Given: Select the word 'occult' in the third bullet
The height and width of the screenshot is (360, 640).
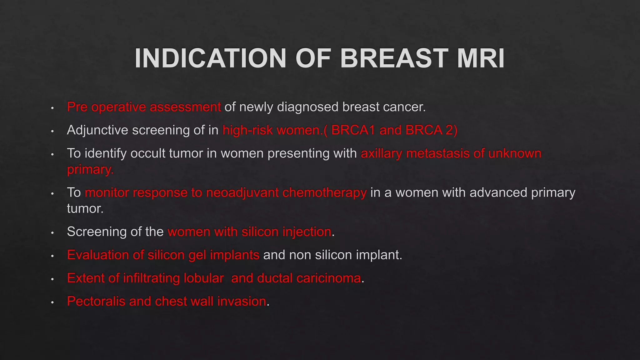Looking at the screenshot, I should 148,153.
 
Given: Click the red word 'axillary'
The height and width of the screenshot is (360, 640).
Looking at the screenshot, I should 381,153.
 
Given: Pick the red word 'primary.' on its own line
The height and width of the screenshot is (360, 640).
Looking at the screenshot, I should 90,170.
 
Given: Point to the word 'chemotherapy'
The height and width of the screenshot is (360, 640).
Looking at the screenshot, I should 324,192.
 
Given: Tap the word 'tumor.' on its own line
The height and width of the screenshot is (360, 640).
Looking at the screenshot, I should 85,208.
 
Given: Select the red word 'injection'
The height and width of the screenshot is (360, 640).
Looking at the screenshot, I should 307,232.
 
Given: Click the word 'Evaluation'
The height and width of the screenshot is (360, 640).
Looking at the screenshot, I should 98,255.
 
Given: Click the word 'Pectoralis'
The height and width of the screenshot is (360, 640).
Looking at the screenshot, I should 96,301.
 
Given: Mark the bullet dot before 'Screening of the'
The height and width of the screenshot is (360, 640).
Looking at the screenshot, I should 52,232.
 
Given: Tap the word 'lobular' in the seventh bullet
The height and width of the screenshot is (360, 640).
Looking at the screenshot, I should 203,278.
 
